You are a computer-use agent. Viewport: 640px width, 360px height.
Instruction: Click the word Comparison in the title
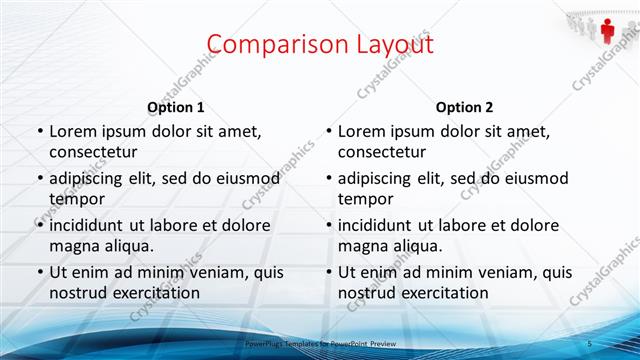[269, 44]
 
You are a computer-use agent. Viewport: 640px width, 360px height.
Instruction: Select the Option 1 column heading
[176, 107]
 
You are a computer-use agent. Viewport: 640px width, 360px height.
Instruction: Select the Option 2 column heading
[464, 107]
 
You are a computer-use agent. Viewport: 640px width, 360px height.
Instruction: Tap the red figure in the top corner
[607, 30]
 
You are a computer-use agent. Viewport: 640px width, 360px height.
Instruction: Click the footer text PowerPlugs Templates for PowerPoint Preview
[320, 343]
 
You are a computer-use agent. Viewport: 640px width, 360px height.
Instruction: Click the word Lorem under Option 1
[73, 131]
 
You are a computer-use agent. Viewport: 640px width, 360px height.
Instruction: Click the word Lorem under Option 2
[362, 131]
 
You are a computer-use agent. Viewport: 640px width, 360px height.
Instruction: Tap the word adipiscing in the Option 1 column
[91, 178]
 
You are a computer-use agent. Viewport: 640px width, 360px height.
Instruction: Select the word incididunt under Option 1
[91, 225]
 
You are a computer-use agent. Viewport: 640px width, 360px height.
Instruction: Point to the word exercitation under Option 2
[443, 292]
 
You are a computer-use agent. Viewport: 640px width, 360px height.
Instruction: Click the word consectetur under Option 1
[94, 151]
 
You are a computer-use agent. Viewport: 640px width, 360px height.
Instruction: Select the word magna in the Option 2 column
[362, 245]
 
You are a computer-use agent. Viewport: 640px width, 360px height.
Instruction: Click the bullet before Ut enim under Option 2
[329, 272]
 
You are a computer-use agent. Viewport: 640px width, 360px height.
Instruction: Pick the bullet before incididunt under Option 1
[40, 225]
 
